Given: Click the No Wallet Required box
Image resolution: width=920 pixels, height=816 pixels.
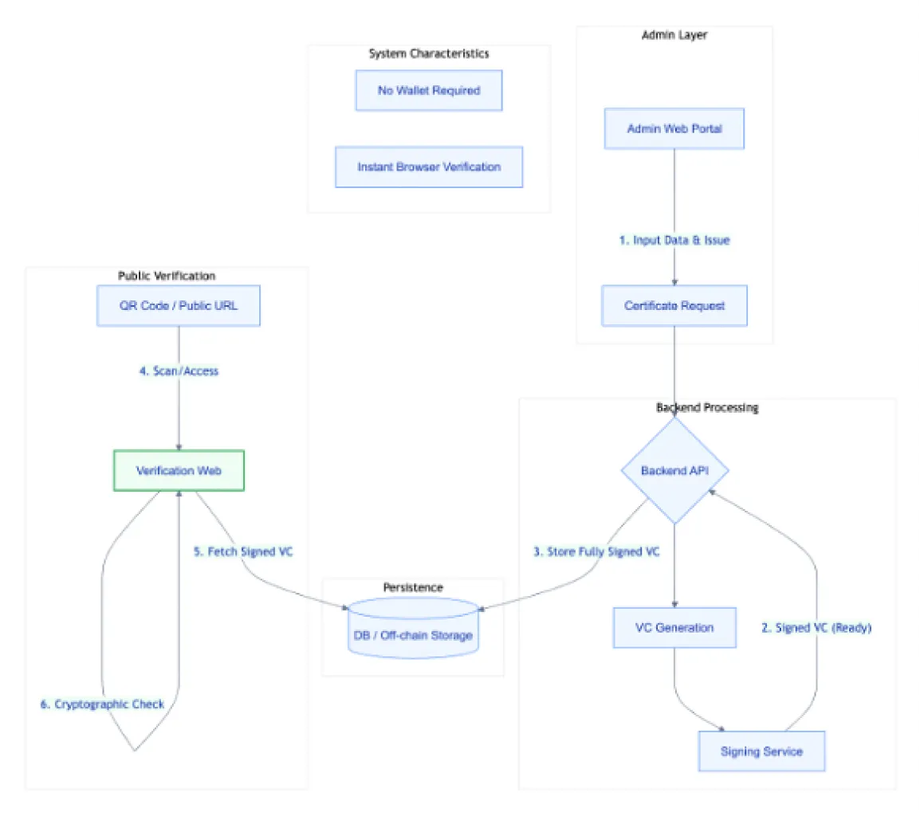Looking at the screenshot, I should coord(429,90).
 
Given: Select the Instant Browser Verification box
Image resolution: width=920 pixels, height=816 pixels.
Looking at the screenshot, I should coord(429,167).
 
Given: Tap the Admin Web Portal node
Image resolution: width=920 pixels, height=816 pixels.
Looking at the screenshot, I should coord(674,127).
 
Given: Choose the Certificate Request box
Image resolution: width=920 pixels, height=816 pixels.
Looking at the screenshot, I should coord(674,305).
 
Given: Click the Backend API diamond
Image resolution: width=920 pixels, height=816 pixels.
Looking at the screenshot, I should coord(674,470).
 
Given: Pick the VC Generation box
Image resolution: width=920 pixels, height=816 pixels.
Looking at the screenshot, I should coord(674,627).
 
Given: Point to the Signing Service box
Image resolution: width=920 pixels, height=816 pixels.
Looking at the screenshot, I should coord(761,751).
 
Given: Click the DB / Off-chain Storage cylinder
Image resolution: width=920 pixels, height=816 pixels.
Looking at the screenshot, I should coord(413,635).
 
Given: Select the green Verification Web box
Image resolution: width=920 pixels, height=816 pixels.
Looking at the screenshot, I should coord(179,470).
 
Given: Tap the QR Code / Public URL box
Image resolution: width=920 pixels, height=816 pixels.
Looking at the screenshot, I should coord(179,305).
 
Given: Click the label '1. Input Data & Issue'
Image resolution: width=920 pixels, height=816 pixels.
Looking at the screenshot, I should coord(674,240).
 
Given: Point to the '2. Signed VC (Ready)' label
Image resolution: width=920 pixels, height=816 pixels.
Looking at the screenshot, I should coord(816,627).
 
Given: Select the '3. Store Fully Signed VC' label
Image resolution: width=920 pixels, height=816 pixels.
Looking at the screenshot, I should coord(596,551).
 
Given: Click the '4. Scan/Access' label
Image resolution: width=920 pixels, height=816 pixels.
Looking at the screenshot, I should coord(179,371).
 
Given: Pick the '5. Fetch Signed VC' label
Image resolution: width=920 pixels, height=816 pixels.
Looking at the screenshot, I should coord(243,551).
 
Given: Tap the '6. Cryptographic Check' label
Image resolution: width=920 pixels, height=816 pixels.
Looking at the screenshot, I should coord(102,704).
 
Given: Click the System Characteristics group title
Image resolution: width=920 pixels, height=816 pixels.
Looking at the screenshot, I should coord(429,53).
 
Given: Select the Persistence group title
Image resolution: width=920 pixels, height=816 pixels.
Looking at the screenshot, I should coord(413,587).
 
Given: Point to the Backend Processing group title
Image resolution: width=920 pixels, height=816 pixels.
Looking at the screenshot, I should coord(707,407).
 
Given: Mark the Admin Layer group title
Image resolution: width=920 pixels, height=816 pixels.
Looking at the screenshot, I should coord(674,34).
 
